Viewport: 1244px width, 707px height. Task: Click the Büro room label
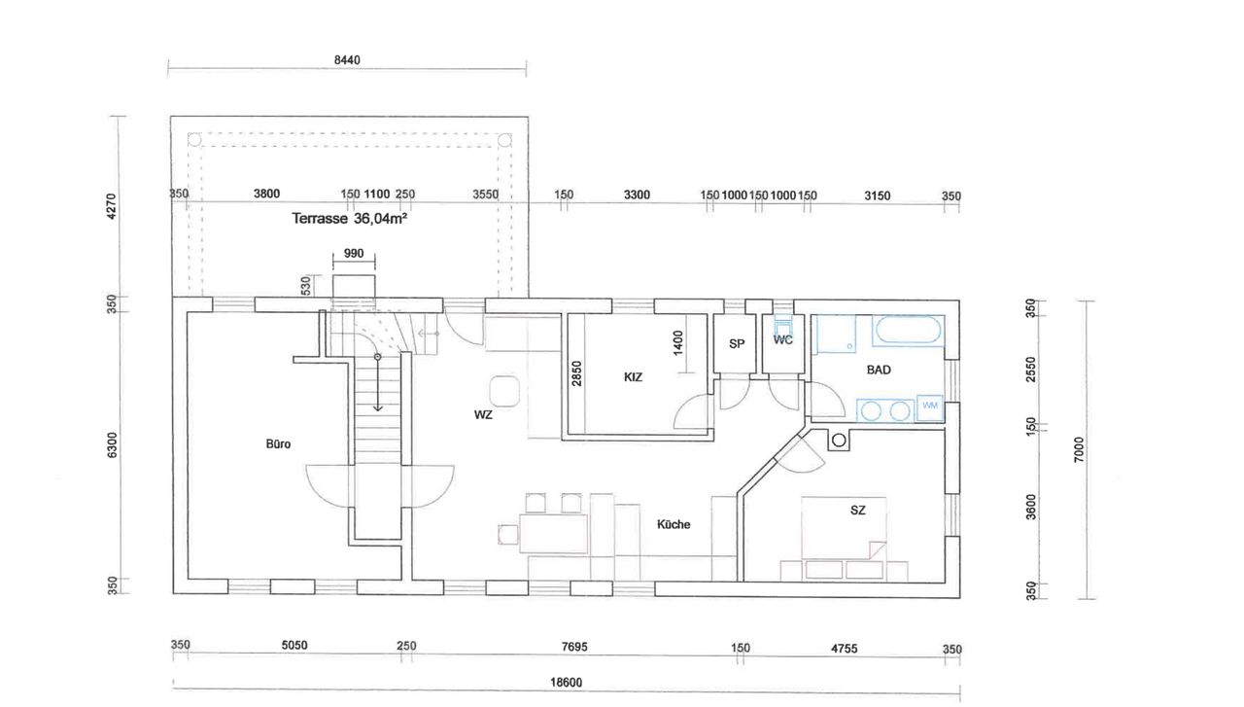click(278, 444)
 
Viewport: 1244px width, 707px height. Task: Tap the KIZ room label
click(633, 377)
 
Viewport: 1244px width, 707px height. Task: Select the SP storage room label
click(737, 344)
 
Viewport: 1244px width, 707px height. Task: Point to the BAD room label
click(879, 370)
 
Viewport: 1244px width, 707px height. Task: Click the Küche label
click(674, 524)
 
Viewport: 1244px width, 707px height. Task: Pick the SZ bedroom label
click(858, 511)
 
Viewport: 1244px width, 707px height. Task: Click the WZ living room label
click(483, 414)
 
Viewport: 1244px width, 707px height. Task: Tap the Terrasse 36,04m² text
click(350, 218)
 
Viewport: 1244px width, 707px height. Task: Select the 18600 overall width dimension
click(567, 683)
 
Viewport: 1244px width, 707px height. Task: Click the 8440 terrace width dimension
click(347, 60)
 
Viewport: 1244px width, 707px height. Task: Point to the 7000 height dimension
click(1079, 449)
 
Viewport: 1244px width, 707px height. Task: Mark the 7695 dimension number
click(574, 647)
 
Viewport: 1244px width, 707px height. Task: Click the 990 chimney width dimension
click(354, 254)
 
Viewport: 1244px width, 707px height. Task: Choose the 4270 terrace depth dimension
click(111, 206)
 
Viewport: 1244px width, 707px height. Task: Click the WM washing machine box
click(930, 406)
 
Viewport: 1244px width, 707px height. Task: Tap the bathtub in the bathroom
click(908, 331)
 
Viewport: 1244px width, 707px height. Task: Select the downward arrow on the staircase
click(378, 383)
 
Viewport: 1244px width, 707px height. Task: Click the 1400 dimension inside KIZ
click(677, 343)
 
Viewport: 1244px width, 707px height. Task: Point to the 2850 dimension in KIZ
click(576, 373)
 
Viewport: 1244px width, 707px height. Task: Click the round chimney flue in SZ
click(839, 441)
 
